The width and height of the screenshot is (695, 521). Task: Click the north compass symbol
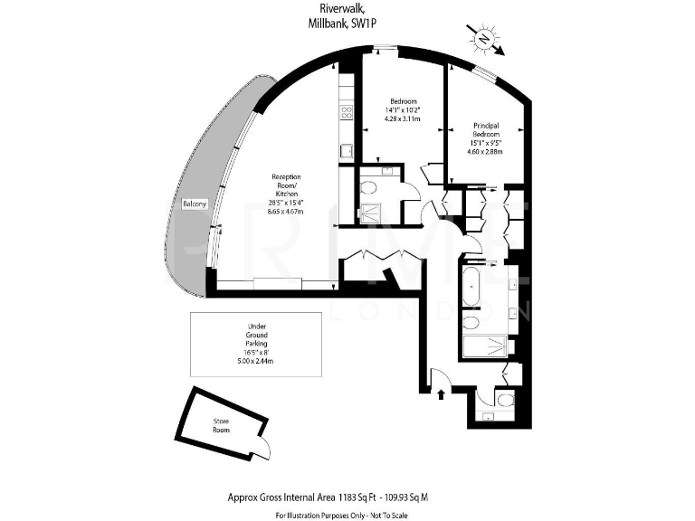tap(484, 38)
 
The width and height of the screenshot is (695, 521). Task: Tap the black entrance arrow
tap(441, 393)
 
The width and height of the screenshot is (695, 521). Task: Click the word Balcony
tap(195, 204)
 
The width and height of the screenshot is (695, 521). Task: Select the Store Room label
tap(222, 425)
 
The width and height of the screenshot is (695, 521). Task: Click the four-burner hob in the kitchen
tap(345, 112)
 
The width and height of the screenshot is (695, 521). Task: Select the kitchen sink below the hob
tap(345, 151)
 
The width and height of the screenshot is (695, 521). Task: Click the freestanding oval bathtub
tap(471, 283)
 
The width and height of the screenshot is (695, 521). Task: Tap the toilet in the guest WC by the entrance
tap(505, 399)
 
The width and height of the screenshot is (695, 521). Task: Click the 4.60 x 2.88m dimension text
tap(487, 150)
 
